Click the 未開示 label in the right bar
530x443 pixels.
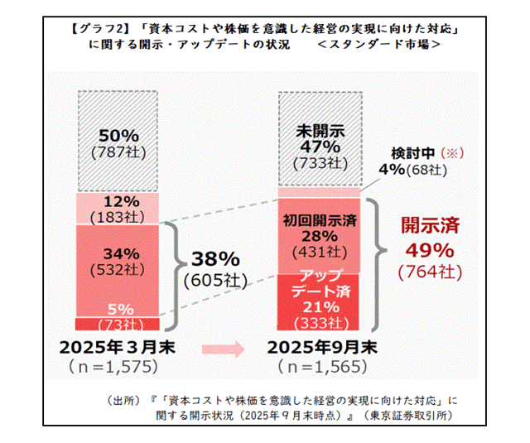click(319, 130)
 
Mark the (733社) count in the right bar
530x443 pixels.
click(319, 163)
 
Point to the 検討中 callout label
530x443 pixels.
click(408, 153)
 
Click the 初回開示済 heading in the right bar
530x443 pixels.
click(319, 220)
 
